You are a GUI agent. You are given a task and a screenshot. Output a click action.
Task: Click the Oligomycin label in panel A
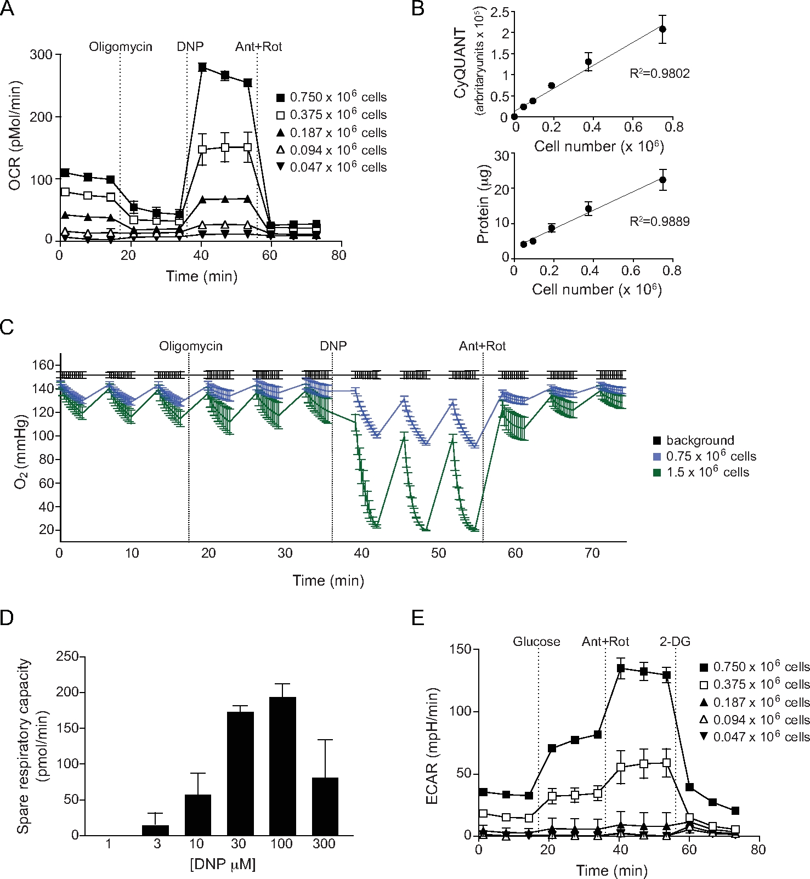121,47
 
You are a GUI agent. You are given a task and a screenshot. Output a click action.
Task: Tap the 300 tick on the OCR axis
42,55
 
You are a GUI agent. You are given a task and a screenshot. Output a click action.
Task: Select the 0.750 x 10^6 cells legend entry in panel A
332,97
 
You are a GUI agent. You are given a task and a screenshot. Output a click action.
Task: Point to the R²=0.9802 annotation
659,73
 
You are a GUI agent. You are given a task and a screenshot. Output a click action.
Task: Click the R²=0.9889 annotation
659,222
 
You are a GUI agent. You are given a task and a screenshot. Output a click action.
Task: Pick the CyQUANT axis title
461,63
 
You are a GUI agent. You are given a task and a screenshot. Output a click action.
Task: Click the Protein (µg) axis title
483,204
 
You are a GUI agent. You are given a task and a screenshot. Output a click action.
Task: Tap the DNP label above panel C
333,347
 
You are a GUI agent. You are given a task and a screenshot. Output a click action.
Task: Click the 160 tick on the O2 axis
47,365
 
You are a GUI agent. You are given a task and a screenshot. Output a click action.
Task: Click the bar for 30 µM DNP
240,773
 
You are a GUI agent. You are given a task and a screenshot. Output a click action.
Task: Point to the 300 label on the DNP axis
324,843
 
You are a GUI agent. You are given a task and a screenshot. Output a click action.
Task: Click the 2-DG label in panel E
675,642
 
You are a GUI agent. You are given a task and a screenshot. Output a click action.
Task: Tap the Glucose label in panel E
536,642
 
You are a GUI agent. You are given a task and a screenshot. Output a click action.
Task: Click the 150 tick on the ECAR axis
460,649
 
